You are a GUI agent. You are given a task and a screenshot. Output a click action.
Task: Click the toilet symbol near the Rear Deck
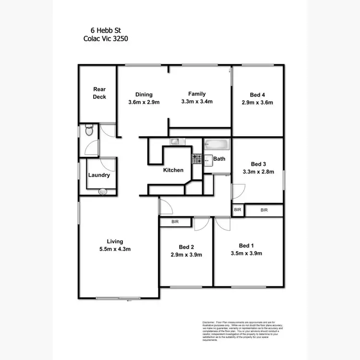(88, 130)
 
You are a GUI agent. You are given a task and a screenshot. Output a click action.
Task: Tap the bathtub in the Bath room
(217, 144)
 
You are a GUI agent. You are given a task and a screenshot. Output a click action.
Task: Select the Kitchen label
(173, 170)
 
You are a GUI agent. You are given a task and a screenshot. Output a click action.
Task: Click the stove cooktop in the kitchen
(196, 157)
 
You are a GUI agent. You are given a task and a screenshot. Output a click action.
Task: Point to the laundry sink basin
(102, 192)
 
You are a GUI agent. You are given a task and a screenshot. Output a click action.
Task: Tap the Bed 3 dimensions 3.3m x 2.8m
(258, 171)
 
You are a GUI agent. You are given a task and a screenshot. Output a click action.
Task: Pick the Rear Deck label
(99, 93)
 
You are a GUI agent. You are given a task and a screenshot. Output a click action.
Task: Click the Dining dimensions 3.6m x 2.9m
(144, 102)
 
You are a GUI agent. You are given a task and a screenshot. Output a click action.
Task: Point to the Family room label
(197, 94)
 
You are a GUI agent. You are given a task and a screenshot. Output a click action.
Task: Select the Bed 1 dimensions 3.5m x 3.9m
(246, 253)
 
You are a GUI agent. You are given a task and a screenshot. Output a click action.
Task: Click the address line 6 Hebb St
(103, 30)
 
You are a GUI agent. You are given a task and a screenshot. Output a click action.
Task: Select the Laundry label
(99, 175)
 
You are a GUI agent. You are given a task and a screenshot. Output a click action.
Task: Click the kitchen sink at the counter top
(175, 141)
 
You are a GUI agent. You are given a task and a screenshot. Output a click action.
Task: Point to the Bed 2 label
(186, 247)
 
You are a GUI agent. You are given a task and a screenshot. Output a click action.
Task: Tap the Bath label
(219, 158)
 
